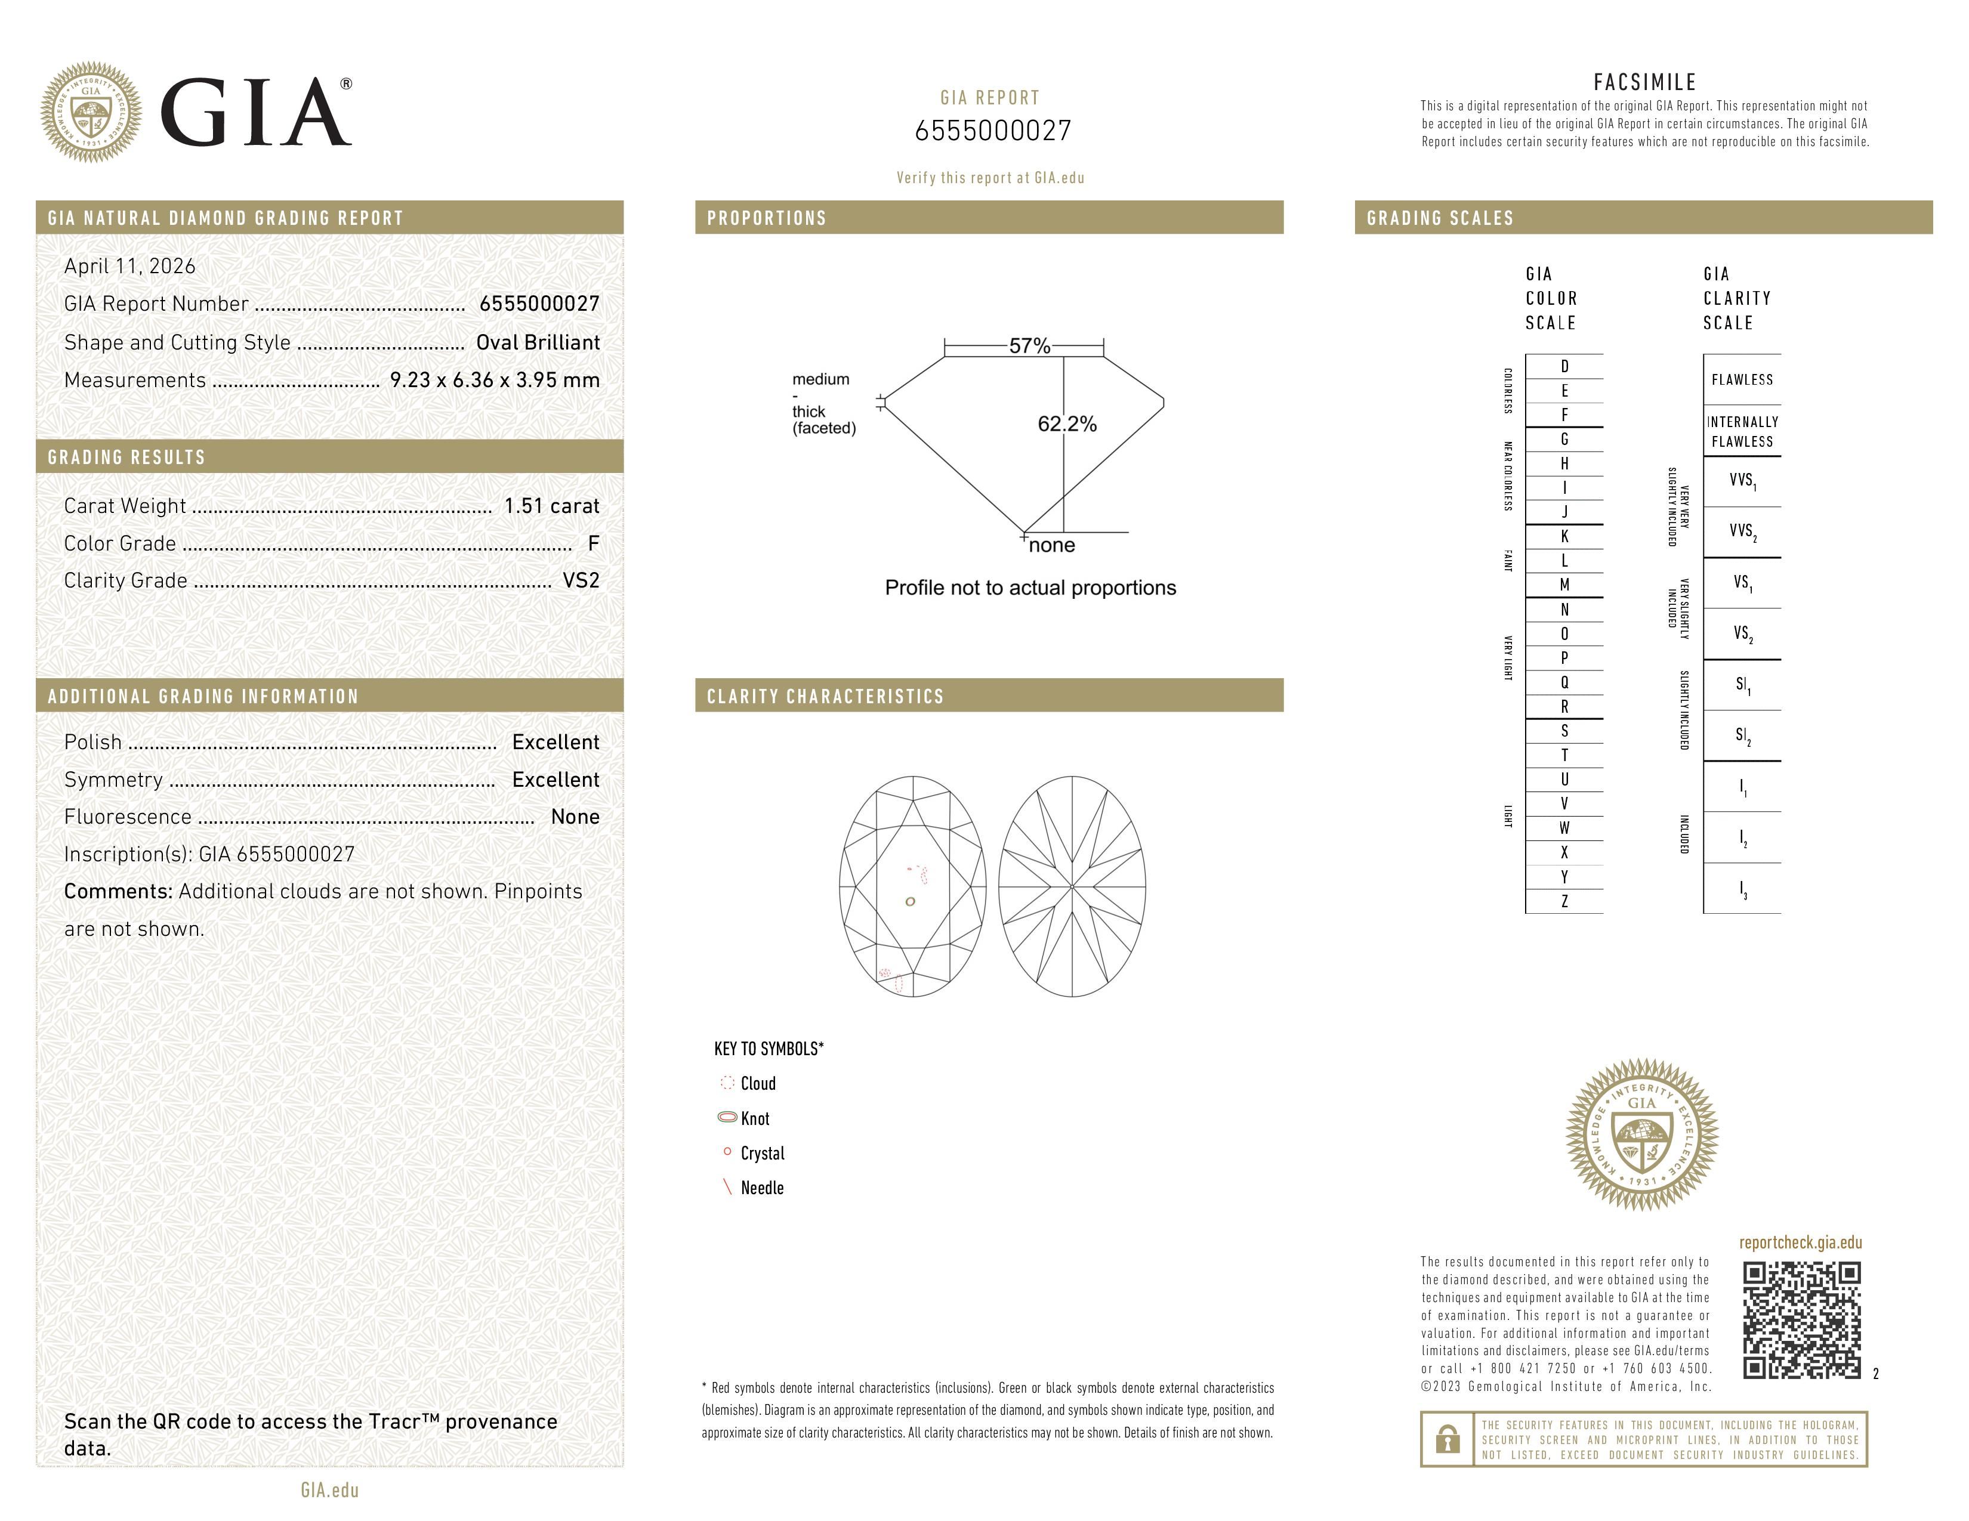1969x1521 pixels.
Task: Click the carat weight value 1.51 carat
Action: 551,506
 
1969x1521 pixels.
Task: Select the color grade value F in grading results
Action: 593,543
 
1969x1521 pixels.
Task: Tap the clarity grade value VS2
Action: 581,581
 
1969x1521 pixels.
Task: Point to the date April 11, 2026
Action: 130,267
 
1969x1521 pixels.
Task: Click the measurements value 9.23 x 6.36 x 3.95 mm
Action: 494,381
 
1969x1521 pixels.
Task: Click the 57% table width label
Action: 1029,346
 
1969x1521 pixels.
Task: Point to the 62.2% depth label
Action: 1067,425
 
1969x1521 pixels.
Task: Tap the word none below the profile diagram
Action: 1051,546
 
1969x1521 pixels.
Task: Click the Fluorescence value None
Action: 575,817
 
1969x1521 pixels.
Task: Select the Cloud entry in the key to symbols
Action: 757,1084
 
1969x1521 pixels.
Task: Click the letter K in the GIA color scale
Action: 1564,537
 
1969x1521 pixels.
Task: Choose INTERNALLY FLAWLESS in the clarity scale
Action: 1742,432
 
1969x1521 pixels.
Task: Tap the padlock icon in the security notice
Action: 1447,1439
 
